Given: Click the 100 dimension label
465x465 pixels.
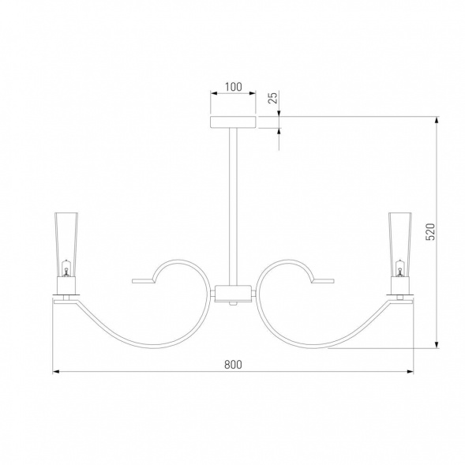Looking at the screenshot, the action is coord(234,87).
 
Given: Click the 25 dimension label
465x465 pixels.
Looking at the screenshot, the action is coord(273,98).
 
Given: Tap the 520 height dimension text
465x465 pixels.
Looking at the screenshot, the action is coord(430,231).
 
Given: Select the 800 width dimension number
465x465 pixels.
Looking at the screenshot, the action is coord(233,365).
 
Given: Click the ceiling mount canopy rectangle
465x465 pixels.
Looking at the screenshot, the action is coord(233,122).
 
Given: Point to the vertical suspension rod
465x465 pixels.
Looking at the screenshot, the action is coord(233,207).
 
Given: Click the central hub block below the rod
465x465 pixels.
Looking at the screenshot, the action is coord(233,294).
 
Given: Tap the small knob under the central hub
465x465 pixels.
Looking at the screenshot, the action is coord(233,304).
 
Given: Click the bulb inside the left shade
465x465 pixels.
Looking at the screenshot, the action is coord(66,268).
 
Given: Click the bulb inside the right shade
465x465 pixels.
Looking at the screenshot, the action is coord(400,268).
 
